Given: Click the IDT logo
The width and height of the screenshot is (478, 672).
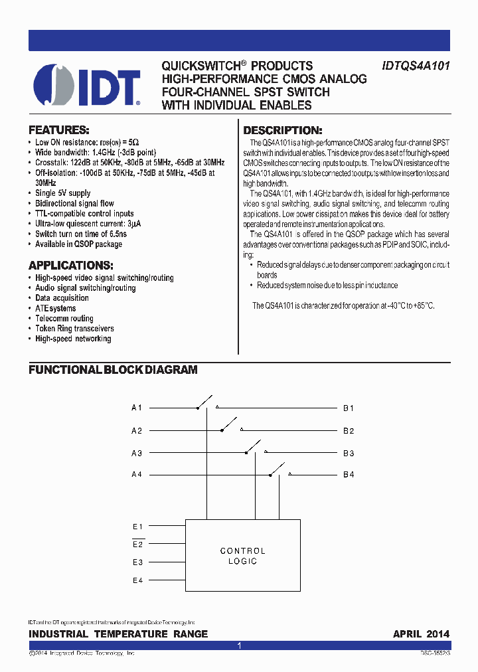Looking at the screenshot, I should click(x=87, y=86).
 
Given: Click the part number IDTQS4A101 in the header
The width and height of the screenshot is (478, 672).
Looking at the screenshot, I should click(x=416, y=66).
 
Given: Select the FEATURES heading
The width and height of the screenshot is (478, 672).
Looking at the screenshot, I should click(x=58, y=130).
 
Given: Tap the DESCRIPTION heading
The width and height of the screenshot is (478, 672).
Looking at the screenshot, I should click(x=282, y=131).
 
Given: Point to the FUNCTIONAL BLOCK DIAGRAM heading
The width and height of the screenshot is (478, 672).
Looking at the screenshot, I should click(x=113, y=370).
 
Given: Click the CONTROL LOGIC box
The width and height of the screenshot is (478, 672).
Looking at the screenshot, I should click(x=242, y=556).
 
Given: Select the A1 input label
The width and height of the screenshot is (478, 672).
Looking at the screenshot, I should click(x=137, y=408).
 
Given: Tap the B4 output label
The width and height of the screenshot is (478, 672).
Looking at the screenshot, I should click(x=349, y=474).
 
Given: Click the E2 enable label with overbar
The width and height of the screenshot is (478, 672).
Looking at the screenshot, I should click(x=138, y=545).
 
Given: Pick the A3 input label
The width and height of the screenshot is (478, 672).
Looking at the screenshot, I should click(x=137, y=453).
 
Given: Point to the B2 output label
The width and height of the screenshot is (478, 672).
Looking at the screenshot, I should click(x=349, y=430).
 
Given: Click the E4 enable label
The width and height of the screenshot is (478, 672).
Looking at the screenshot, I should click(x=138, y=580).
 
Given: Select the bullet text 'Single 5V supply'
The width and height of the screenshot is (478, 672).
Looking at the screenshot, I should click(x=63, y=193).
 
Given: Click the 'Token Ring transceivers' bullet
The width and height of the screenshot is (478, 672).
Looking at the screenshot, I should click(x=74, y=329).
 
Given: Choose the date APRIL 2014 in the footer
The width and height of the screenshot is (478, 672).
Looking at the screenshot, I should click(x=421, y=634).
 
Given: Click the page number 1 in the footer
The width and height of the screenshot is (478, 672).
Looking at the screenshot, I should click(x=239, y=645).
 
